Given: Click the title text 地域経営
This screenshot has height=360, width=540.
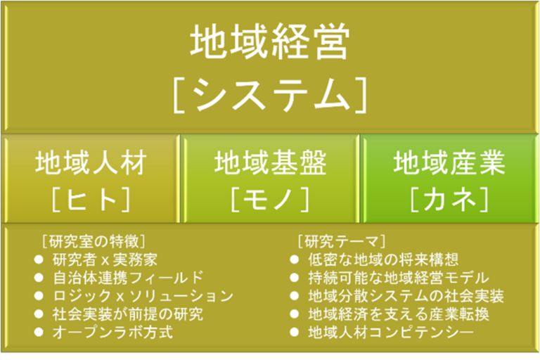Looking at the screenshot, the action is point(270,42).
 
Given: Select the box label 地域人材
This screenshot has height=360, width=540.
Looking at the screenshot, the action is point(91,162).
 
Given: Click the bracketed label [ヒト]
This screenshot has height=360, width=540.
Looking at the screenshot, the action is point(91,200).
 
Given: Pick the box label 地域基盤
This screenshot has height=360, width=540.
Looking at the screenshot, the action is point(270,162).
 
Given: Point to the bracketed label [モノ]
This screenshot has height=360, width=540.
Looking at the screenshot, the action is point(270,200).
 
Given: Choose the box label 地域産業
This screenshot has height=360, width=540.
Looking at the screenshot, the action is point(449,162).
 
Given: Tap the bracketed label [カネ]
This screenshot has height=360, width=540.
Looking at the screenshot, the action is point(449,200).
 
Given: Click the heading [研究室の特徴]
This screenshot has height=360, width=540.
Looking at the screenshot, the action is point(94,241).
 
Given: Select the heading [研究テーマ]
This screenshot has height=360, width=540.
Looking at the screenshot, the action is point(341,241).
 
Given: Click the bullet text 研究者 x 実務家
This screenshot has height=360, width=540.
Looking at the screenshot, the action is point(105,259).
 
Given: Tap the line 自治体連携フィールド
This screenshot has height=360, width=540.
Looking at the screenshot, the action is point(128,278).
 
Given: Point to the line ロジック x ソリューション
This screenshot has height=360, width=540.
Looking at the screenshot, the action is point(143,296).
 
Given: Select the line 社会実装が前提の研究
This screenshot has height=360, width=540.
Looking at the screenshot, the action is point(128,314).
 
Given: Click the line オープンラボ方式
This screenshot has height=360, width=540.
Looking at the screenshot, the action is point(112,332).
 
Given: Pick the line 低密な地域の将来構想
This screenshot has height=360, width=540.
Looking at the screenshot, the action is point(383,259).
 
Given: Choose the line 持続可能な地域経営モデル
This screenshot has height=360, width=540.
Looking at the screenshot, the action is point(399,278).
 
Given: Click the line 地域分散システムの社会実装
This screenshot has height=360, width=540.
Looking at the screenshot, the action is point(406,296).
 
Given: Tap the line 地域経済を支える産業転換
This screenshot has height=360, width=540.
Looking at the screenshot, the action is point(399,314).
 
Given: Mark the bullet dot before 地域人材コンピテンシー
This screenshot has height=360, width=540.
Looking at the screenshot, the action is point(295,332).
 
